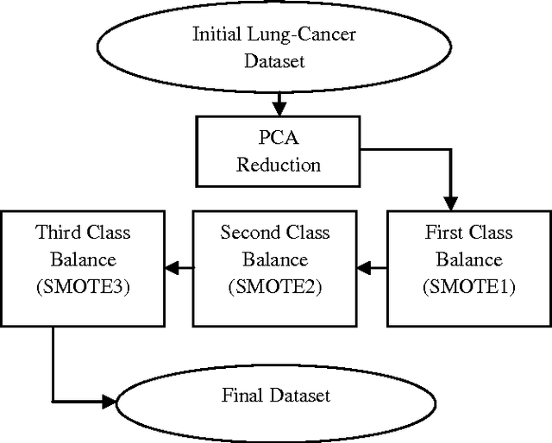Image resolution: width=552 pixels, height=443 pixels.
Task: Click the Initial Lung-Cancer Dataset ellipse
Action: pos(275,48)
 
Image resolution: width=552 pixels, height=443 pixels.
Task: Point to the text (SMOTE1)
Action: pos(468,287)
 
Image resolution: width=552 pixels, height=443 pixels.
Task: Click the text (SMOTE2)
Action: pos(274,287)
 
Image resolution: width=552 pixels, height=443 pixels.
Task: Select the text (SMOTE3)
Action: pos(83,287)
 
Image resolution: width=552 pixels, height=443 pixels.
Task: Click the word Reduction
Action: pos(278,165)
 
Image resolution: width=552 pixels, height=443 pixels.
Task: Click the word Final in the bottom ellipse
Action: pos(241,396)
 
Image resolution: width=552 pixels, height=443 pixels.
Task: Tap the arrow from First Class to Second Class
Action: pos(371,267)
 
